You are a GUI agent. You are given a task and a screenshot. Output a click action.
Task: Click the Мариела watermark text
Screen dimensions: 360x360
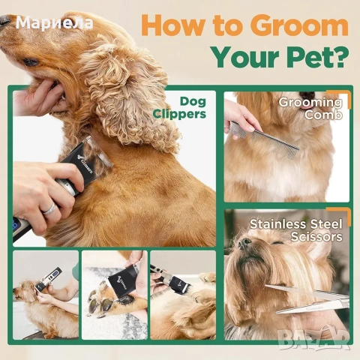pyautogui.click(x=54, y=22)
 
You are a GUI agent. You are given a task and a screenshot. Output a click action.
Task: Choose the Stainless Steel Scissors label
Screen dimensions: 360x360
pyautogui.click(x=295, y=229)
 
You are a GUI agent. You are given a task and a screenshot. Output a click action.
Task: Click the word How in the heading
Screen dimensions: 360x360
pyautogui.click(x=172, y=25)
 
